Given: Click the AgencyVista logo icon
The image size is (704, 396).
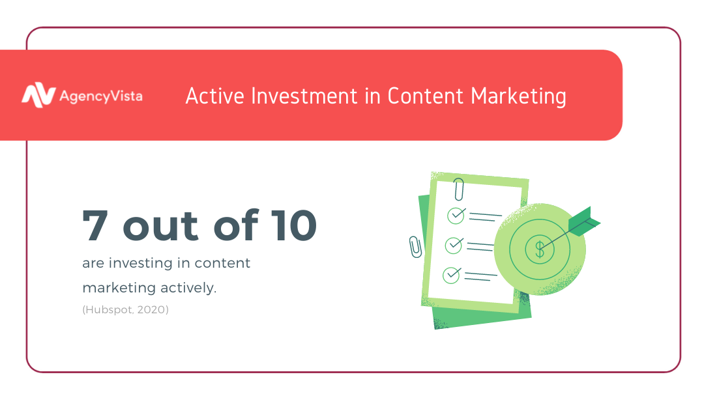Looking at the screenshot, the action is click(x=38, y=95).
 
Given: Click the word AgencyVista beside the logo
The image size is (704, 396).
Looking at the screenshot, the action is click(x=101, y=96).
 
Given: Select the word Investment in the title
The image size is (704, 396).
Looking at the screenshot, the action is click(x=304, y=96).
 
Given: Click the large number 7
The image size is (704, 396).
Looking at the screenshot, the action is click(x=95, y=225).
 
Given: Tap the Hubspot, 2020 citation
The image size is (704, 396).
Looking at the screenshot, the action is click(x=125, y=309).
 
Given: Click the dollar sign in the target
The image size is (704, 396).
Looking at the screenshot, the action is click(x=540, y=249).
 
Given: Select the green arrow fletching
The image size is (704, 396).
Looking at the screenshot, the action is click(x=584, y=221).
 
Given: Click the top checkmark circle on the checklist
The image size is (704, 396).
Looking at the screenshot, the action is click(x=456, y=216).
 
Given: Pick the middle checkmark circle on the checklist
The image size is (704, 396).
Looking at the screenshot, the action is click(x=454, y=246).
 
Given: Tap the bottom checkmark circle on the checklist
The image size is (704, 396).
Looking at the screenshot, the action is click(x=451, y=275).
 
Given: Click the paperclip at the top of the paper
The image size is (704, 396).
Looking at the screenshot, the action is click(x=458, y=190).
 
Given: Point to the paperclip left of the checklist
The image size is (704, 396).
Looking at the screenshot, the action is click(x=415, y=247).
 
